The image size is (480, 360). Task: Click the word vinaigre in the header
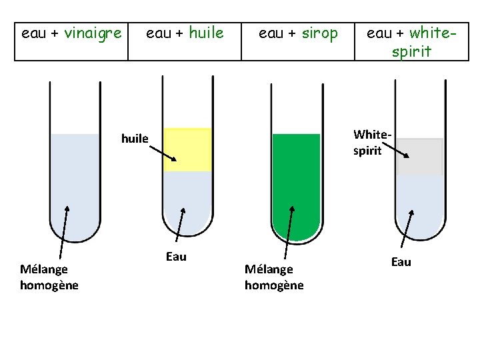[93, 33]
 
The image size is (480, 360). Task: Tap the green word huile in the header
[206, 33]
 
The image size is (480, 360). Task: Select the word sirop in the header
[319, 33]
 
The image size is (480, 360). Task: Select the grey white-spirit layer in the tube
[420, 157]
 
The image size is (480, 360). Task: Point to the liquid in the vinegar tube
[75, 180]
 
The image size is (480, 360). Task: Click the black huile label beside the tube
[135, 139]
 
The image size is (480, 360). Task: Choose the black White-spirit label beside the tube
[368, 143]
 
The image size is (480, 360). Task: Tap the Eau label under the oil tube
[176, 257]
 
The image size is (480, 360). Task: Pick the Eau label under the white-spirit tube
[401, 262]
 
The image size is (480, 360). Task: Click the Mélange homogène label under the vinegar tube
[49, 277]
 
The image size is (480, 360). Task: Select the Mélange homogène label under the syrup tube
[273, 277]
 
